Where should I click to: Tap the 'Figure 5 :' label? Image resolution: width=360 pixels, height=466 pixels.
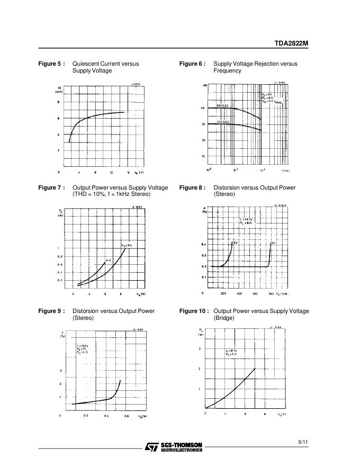(x=52, y=64)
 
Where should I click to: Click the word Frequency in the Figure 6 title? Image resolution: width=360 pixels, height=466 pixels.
(x=228, y=71)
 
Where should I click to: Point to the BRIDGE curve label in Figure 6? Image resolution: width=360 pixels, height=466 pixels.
(x=222, y=106)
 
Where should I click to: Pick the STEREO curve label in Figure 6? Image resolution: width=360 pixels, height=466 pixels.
(x=222, y=122)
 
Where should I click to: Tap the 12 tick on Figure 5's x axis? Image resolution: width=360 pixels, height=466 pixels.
(x=112, y=173)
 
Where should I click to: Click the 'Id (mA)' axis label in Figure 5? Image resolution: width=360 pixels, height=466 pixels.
(x=59, y=90)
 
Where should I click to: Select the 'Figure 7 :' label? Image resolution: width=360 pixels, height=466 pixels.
(x=52, y=188)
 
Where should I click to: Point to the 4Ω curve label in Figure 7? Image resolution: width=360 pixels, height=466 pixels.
(x=107, y=261)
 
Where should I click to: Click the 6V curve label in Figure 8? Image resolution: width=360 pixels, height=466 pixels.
(x=235, y=243)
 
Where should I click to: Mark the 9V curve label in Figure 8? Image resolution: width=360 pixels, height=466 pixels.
(x=273, y=243)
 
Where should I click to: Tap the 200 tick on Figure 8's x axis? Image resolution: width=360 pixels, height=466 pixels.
(x=224, y=293)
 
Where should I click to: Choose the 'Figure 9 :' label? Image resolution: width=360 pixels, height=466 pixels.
(x=52, y=311)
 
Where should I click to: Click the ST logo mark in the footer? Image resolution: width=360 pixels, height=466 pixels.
(x=151, y=447)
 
